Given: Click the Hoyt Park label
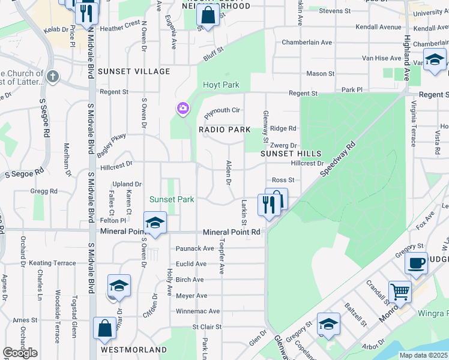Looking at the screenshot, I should (221, 85).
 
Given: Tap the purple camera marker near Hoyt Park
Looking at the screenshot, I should (182, 109).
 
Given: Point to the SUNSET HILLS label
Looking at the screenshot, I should (291, 154).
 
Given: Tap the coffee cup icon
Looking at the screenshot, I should (416, 262).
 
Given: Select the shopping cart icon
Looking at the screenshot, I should (400, 292).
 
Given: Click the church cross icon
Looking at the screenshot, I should (53, 76).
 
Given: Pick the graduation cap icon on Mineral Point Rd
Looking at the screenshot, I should (155, 223).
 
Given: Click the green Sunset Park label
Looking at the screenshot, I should (172, 199).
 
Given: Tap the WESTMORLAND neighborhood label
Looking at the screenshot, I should (134, 349).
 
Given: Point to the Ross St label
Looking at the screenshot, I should (283, 180).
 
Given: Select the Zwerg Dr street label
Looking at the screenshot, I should (285, 145).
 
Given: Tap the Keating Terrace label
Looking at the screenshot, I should (53, 263).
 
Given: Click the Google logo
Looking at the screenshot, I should (20, 353).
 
